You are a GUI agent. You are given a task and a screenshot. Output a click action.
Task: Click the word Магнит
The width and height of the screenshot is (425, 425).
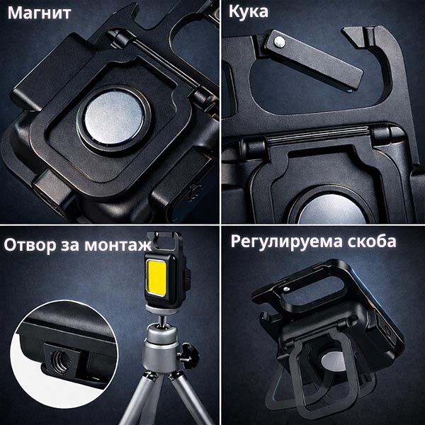click(x=39, y=13)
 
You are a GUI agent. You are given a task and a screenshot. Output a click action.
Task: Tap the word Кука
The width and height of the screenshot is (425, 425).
click(x=249, y=11)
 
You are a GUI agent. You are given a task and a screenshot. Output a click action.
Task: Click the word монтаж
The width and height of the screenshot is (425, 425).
click(x=118, y=245)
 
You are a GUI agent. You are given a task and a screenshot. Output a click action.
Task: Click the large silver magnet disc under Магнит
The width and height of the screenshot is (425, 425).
click(x=114, y=117)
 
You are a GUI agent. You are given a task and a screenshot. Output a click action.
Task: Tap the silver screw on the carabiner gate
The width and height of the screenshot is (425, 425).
click(x=280, y=42)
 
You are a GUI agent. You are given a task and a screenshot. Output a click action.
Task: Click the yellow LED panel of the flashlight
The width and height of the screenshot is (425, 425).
click(x=157, y=278)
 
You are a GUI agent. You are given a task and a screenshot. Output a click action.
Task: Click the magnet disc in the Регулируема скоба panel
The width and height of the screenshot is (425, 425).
click(x=334, y=363)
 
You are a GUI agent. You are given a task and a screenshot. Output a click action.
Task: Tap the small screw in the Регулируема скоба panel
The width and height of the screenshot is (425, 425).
click(x=285, y=290)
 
